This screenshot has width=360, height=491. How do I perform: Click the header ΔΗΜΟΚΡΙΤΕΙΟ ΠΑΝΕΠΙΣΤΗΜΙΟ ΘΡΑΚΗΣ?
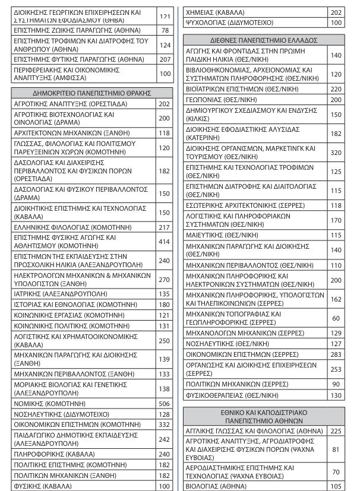coord(91,93)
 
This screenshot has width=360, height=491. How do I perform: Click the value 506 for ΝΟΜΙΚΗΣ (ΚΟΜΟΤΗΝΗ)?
coord(165,403)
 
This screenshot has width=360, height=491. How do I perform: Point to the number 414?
coord(165,242)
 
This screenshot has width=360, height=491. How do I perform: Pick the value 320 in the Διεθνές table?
coord(336,153)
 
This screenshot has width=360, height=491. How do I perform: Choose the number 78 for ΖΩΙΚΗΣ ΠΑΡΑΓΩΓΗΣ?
coord(165,30)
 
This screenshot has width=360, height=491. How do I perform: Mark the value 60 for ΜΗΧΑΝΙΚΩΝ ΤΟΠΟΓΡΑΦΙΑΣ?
coord(336,318)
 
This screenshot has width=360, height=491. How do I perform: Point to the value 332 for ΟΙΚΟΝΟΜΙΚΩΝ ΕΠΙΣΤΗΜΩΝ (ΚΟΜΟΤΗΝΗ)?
coord(165,425)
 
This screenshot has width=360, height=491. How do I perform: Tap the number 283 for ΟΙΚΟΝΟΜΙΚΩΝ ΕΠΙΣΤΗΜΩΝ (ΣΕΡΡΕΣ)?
coord(336,354)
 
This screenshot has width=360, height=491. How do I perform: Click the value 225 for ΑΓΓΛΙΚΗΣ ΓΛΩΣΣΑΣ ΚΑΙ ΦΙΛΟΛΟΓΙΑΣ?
coord(336,431)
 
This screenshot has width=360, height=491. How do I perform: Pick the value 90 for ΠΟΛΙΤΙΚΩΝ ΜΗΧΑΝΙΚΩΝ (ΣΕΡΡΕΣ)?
coord(336,384)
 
